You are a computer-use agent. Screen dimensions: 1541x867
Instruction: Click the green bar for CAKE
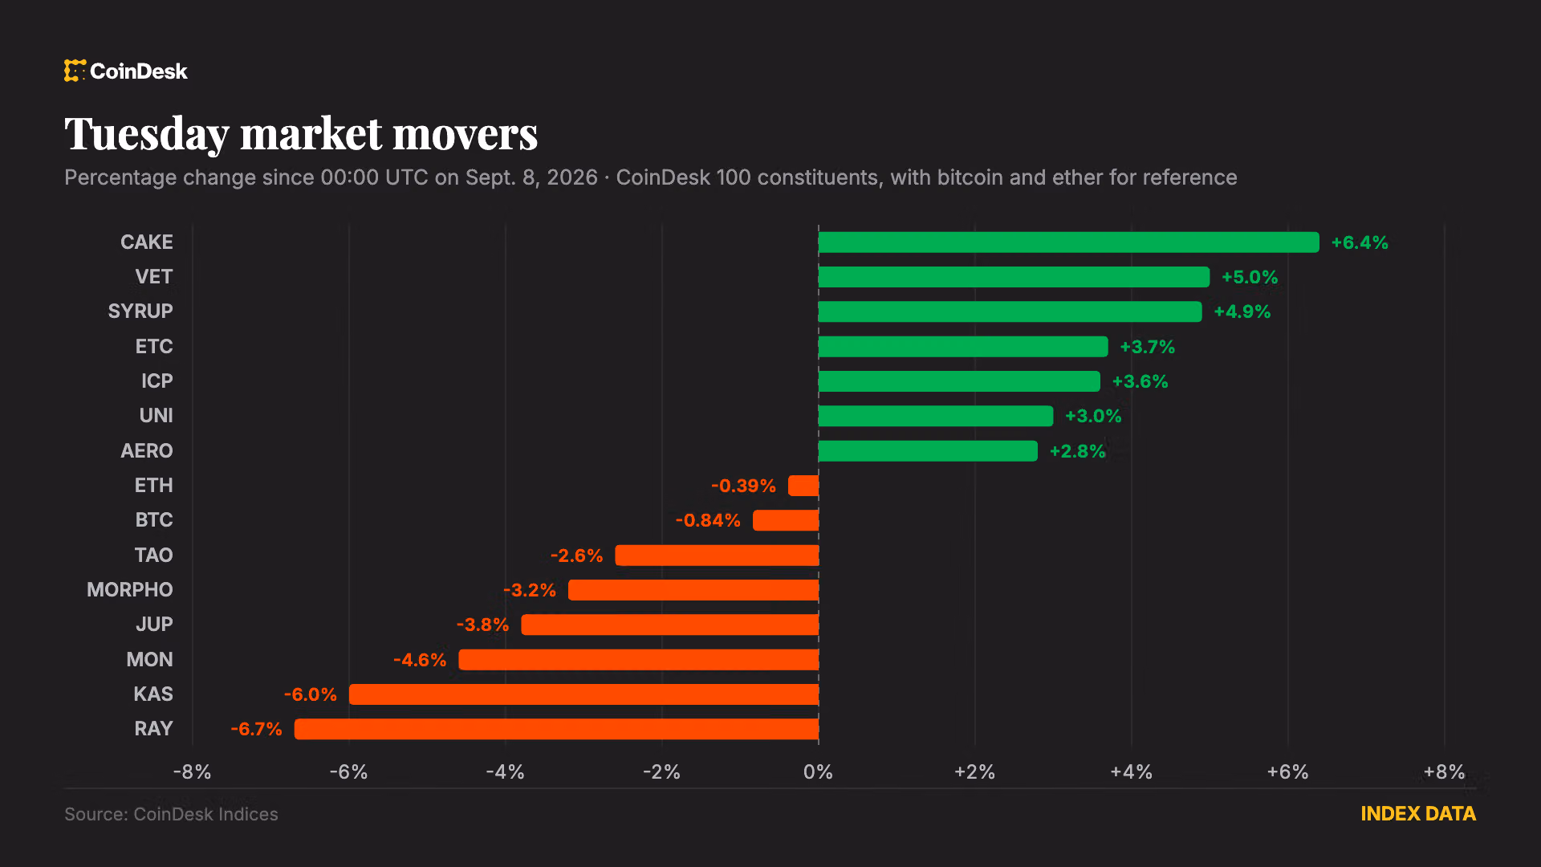(1068, 242)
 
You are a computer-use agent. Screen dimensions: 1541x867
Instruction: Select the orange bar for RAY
(556, 729)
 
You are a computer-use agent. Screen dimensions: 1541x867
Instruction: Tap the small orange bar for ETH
(803, 486)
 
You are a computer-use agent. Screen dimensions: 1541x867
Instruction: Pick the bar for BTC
(786, 520)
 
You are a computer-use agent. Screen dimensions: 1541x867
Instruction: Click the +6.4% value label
(1360, 242)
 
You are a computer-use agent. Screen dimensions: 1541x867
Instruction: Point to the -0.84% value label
(708, 520)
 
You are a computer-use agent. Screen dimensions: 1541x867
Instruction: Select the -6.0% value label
(311, 694)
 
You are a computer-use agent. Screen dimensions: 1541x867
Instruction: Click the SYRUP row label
(140, 311)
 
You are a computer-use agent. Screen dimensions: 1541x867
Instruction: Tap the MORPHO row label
(130, 590)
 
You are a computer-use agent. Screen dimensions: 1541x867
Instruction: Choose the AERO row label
(147, 451)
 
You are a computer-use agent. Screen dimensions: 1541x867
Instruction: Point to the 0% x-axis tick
(818, 772)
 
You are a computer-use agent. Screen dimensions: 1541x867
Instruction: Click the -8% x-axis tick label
(193, 772)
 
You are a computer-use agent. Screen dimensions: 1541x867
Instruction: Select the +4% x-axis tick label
(1131, 772)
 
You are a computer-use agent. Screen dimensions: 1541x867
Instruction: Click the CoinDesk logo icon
(75, 71)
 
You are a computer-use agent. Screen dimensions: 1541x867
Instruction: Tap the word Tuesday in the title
(146, 135)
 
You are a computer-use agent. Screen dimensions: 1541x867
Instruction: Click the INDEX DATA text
(1418, 814)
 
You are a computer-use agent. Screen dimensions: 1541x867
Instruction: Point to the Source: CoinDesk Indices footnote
(171, 814)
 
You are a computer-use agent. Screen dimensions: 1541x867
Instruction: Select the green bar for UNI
(936, 416)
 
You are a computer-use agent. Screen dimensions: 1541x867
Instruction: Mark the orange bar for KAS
(583, 694)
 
